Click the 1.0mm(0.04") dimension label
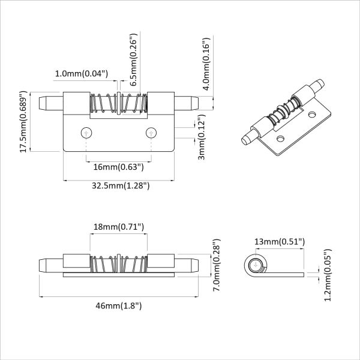click(81, 73)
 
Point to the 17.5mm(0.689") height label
click(23, 122)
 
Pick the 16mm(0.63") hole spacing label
click(117, 167)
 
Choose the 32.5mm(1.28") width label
click(121, 186)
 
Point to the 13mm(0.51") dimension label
click(280, 241)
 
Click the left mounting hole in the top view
click(87, 132)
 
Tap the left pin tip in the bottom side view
click(43, 263)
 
